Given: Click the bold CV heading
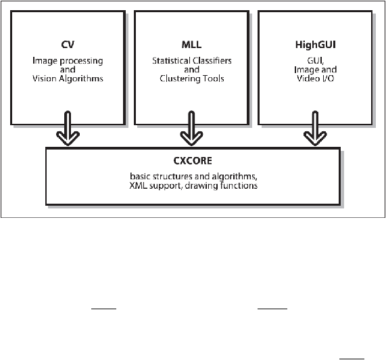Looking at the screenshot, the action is [x=68, y=45].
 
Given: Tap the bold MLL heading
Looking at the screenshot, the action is [x=191, y=45].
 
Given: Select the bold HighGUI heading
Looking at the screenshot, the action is [x=315, y=45].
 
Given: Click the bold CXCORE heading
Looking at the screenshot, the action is [x=193, y=161].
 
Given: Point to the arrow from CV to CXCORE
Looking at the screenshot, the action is [x=68, y=128].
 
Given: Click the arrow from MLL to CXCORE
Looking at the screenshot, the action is [x=191, y=128].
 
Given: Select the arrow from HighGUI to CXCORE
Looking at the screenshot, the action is [x=315, y=128].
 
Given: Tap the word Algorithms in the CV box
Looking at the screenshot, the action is [x=82, y=79].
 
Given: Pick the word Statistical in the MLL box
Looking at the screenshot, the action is [x=171, y=61].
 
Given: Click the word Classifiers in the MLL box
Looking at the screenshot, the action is [x=212, y=61].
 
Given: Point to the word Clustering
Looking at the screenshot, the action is [x=178, y=79].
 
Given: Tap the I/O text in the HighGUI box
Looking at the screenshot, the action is [x=327, y=78].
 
